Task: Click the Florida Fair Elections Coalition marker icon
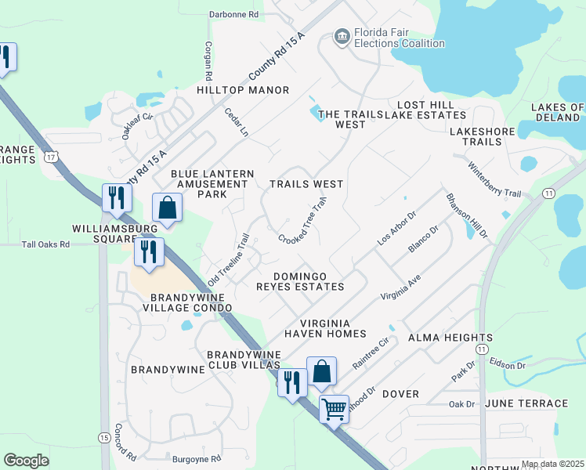342,37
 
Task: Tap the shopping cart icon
335,408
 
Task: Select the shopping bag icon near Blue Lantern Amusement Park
168,208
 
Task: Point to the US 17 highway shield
51,157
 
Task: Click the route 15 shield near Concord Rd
104,436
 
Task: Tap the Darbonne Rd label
233,14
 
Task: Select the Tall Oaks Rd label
46,244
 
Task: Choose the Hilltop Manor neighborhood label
232,90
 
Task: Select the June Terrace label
526,403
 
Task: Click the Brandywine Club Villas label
244,360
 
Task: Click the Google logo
27,461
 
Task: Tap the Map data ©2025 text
552,464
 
